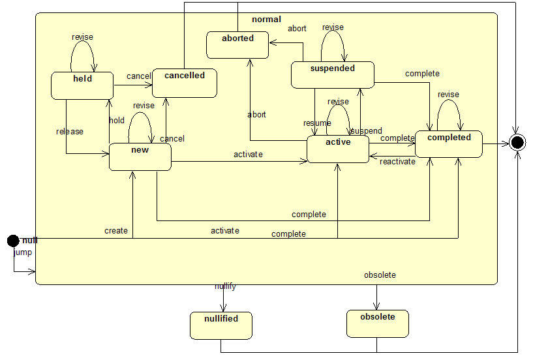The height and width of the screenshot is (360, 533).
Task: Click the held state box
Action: click(82, 85)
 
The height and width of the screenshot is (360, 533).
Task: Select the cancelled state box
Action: click(185, 83)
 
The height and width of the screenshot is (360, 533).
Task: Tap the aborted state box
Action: click(238, 44)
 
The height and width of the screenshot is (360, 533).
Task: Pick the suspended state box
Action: click(332, 74)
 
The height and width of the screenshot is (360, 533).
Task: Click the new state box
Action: click(140, 157)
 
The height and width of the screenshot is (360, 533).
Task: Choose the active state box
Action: click(338, 149)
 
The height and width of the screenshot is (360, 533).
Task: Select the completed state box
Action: click(449, 143)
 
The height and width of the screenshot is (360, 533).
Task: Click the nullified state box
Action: click(221, 325)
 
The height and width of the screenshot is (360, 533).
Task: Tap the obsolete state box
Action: click(377, 323)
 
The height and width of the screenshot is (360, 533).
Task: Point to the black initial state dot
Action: click(13, 241)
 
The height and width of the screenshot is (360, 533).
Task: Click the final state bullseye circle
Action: click(517, 142)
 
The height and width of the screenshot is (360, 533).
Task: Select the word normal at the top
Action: click(266, 20)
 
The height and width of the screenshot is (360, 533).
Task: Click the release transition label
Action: click(70, 132)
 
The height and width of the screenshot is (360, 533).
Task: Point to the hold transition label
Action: click(117, 121)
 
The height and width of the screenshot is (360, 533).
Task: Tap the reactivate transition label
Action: click(397, 162)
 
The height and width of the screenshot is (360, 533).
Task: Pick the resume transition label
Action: click(317, 123)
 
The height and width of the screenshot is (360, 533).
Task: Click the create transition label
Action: click(115, 231)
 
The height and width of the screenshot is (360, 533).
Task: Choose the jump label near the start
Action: click(23, 252)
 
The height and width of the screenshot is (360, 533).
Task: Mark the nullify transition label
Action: click(225, 286)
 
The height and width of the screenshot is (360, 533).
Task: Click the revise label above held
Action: click(82, 37)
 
